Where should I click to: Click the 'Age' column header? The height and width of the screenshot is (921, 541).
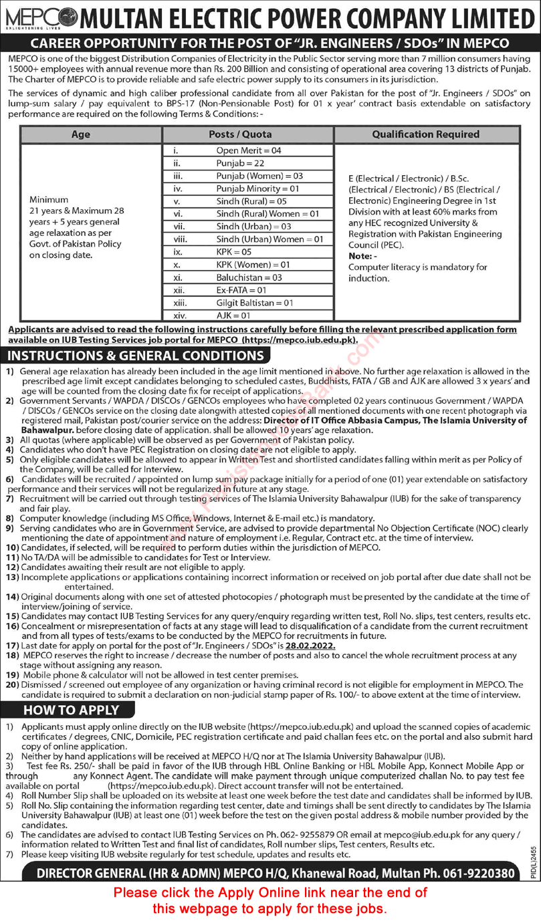pyautogui.click(x=91, y=134)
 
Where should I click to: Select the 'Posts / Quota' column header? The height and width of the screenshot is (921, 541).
pyautogui.click(x=248, y=134)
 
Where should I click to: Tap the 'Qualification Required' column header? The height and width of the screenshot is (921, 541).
pyautogui.click(x=426, y=134)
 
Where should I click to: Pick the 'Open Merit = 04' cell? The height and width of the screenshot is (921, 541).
pyautogui.click(x=249, y=150)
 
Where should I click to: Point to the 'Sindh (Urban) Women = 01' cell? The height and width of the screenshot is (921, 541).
pyautogui.click(x=269, y=239)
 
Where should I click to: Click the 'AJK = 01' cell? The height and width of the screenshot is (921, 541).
pyautogui.click(x=233, y=315)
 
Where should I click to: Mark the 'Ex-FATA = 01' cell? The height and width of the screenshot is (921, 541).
pyautogui.click(x=241, y=290)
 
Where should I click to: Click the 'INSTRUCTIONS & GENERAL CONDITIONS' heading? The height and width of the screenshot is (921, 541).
pyautogui.click(x=136, y=355)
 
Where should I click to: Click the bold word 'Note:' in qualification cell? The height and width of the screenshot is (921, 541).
pyautogui.click(x=361, y=256)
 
